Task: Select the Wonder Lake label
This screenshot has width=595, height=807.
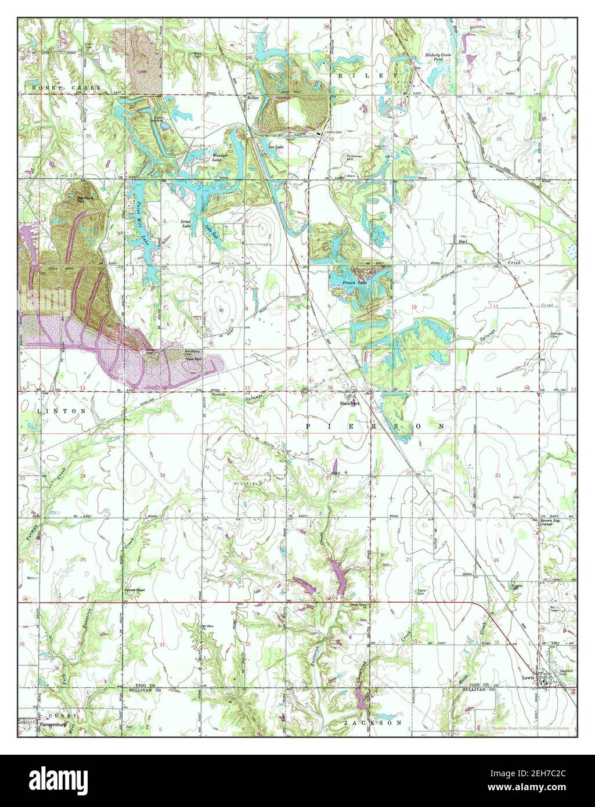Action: point(219,157)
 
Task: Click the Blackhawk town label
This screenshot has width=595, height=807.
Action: point(350,402)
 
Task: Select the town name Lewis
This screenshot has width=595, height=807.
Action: point(527,677)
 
